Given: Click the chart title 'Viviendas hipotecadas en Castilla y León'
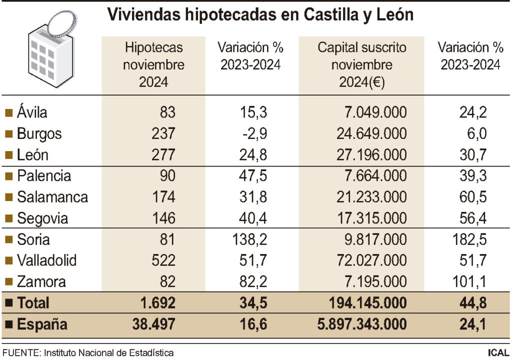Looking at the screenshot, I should pos(260,14).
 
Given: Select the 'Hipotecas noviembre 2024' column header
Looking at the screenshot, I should pos(154,65).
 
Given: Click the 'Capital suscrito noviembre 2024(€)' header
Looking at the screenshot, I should pos(361,65).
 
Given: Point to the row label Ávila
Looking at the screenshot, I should pos(32,112).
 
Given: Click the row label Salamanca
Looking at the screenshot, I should pos(52,197).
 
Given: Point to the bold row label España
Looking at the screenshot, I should pos(42,324).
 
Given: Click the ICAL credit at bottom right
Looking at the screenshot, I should pos(498,353).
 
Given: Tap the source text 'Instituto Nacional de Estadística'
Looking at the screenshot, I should pos(109,353).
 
